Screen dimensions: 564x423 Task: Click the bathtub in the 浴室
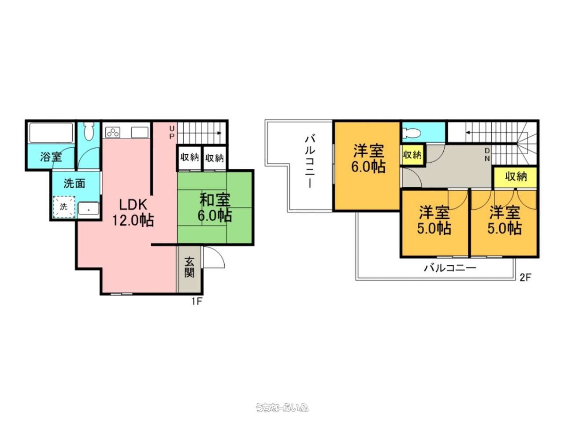coord(51,133)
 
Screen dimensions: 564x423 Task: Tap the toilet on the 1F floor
coord(89,131)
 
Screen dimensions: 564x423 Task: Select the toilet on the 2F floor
coord(412,133)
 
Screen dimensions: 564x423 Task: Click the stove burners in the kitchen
coord(113,133)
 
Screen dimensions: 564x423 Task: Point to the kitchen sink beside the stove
coord(140,133)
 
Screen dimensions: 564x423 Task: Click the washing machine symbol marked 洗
coord(64,207)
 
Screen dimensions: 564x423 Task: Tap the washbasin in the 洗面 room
coord(89,208)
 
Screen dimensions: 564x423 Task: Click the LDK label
coord(133,204)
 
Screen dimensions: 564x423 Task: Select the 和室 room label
coord(215,200)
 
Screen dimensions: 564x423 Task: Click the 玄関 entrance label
coord(189,267)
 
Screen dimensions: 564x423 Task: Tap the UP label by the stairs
coord(172,132)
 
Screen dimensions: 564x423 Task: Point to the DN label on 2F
coord(487,155)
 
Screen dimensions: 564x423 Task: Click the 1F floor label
coord(197,301)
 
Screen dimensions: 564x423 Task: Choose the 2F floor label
coord(525,278)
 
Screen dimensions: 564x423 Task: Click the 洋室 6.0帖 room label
coord(368,159)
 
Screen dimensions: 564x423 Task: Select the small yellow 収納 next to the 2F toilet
coord(412,155)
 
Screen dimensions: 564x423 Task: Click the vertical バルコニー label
coord(310,162)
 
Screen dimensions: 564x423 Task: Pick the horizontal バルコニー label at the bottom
coord(450,268)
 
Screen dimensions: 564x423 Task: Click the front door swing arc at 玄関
coord(219,253)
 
